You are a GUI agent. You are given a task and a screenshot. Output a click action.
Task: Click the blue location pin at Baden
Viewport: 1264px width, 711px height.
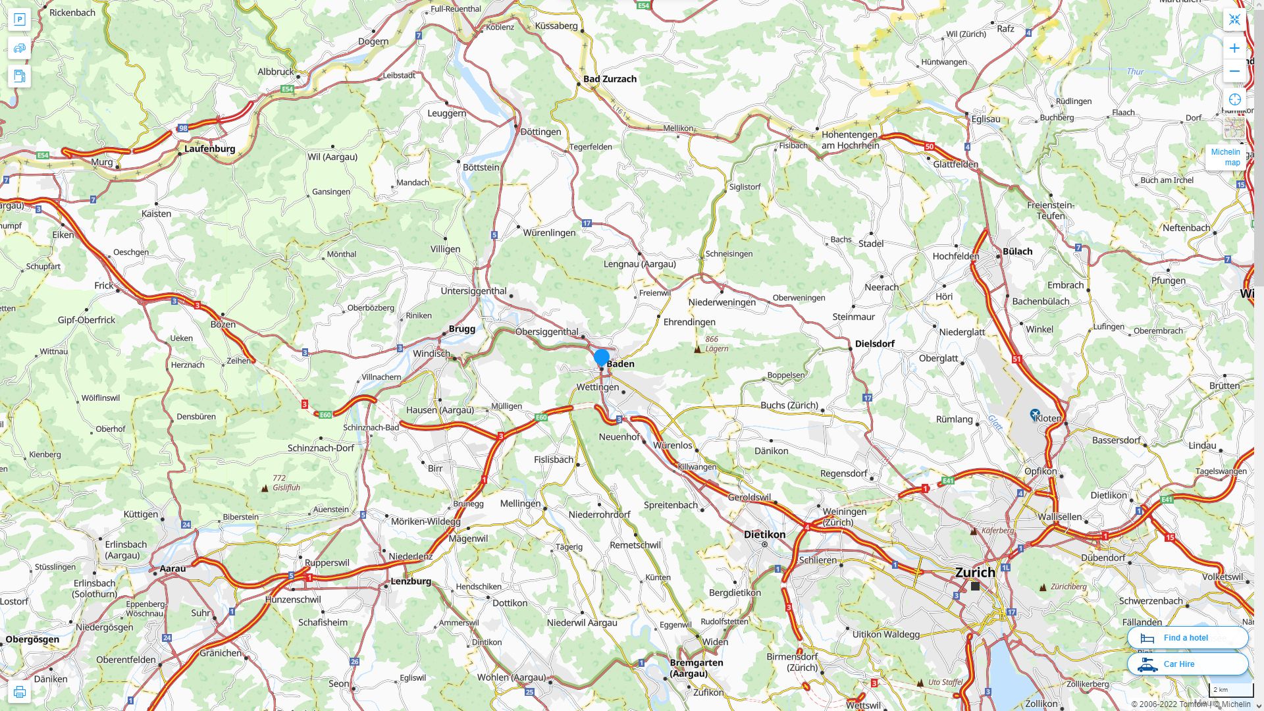(601, 357)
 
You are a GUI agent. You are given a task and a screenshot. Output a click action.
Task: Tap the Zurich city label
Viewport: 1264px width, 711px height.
(975, 572)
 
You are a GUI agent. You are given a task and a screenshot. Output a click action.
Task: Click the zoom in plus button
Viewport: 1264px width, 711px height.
(1234, 48)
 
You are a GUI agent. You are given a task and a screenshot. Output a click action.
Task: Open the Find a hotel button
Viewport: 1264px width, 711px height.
(1187, 637)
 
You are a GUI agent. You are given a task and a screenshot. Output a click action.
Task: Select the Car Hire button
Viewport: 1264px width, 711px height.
(1187, 664)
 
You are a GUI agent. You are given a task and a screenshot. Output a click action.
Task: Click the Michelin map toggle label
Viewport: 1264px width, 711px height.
(1226, 157)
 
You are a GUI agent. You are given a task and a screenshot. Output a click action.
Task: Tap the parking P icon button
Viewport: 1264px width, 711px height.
(19, 19)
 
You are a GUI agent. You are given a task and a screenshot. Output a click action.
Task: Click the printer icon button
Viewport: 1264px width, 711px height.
(19, 691)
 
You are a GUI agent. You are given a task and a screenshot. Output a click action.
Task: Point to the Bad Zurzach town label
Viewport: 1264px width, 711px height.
(610, 79)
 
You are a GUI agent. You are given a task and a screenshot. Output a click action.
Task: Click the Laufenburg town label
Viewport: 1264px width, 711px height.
(209, 149)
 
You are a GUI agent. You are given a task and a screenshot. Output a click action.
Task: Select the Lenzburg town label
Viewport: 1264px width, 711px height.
(411, 581)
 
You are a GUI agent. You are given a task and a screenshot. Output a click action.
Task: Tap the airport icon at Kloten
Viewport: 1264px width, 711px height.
(1035, 415)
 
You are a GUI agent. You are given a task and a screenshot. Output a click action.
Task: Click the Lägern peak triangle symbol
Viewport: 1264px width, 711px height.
(698, 349)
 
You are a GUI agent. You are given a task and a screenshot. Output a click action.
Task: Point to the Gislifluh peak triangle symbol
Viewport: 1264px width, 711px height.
(265, 488)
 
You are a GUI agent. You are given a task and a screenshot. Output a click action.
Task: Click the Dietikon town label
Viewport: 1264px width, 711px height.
(764, 535)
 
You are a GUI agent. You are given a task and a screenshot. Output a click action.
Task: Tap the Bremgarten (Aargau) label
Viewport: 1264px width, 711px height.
(697, 668)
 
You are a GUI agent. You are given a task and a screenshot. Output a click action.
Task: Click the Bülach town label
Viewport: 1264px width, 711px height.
(1017, 251)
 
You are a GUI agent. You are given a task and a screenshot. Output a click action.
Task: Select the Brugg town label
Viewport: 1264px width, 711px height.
(461, 329)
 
